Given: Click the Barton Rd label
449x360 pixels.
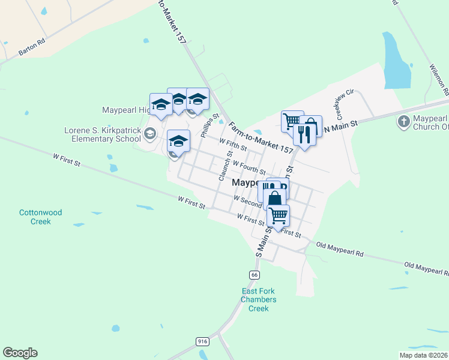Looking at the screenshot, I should (x=32, y=48).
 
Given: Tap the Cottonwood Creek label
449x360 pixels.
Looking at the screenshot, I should (x=41, y=217).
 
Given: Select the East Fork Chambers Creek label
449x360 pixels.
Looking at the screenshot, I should (x=259, y=300).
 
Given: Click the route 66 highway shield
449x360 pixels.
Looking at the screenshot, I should (x=255, y=275).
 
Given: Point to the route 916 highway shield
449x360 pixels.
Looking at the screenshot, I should (x=202, y=341).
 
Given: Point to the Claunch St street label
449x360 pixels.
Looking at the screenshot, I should (x=229, y=163).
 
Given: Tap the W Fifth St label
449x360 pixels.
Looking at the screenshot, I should (x=234, y=145).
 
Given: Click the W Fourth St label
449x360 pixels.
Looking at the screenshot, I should (x=249, y=167).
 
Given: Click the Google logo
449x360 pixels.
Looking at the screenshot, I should (x=20, y=353).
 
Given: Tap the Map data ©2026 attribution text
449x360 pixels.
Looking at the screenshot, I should (x=423, y=355).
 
